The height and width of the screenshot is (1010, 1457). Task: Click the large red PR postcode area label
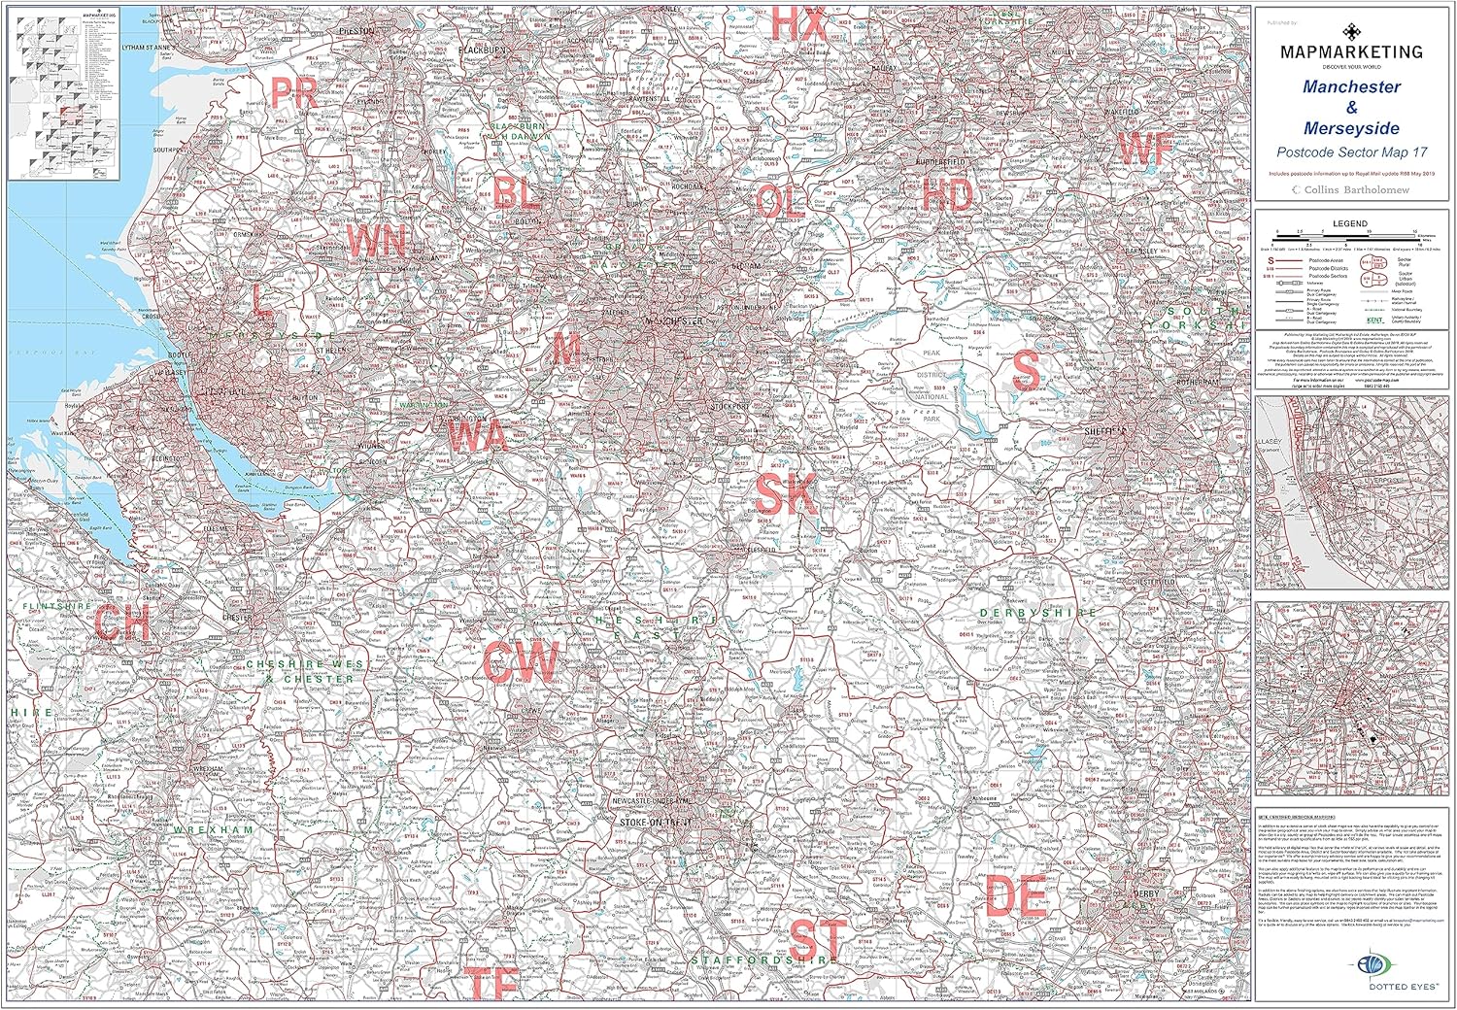point(294,93)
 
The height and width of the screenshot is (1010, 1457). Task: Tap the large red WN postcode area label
point(376,240)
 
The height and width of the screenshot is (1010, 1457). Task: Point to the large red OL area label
point(780,202)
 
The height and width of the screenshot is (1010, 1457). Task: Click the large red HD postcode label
point(947,195)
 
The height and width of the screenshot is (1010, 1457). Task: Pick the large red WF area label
point(1146,150)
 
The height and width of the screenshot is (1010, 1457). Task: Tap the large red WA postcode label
point(477,436)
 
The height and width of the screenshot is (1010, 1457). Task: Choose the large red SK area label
point(787,492)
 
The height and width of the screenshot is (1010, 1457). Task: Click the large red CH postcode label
point(122,623)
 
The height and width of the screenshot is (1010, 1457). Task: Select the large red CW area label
point(522,663)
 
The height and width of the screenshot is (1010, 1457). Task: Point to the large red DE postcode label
point(1015,894)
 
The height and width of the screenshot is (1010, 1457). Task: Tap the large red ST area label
point(818,939)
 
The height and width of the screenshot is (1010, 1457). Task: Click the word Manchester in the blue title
point(1351,86)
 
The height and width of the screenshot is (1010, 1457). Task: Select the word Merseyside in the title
point(1351,128)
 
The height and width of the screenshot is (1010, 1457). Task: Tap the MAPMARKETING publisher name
point(1350,51)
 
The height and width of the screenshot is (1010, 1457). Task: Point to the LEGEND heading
point(1349,223)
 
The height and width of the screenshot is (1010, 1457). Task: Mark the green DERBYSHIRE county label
point(1037,613)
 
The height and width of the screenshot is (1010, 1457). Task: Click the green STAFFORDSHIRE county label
point(764,959)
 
